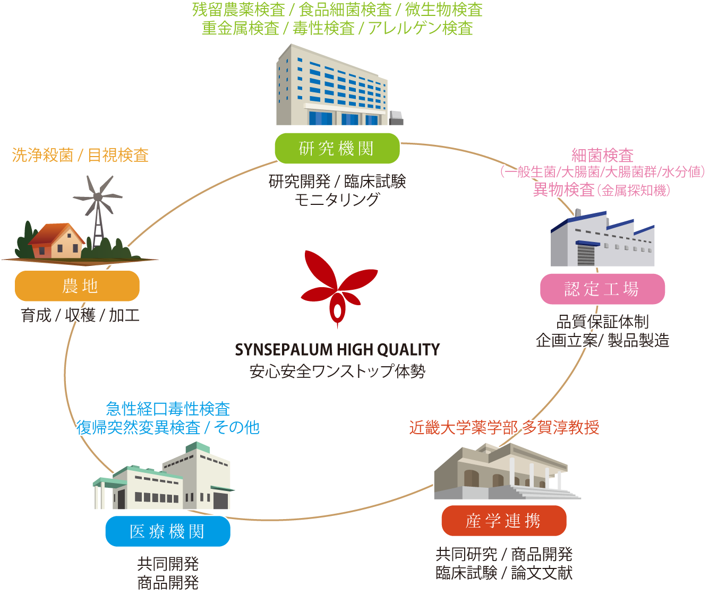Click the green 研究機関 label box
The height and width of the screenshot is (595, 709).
(337, 149)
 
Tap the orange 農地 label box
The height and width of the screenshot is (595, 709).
(77, 286)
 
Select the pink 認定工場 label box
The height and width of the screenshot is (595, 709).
(602, 289)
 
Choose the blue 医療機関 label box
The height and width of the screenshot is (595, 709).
(167, 531)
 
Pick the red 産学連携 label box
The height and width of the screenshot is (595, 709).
(503, 521)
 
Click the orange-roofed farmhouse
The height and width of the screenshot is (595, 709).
(57, 242)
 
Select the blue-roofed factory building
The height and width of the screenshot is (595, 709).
(602, 240)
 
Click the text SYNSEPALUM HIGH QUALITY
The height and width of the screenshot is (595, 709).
(337, 350)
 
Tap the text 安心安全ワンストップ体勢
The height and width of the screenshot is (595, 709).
(337, 371)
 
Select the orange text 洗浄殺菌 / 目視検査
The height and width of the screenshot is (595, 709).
(80, 155)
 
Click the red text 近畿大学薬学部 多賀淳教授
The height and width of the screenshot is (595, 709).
(504, 427)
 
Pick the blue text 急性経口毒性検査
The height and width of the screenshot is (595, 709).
(168, 409)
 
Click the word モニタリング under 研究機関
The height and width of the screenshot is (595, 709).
(337, 200)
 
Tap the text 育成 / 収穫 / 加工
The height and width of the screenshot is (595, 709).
(80, 315)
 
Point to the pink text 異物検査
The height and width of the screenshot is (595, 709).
(563, 189)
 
